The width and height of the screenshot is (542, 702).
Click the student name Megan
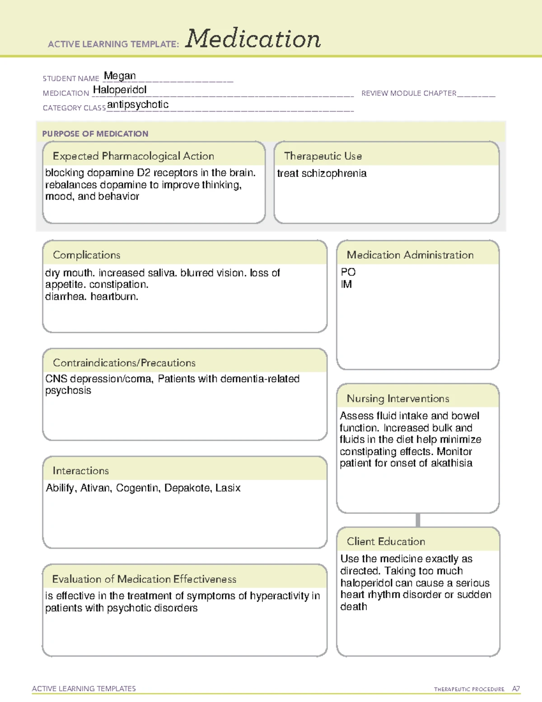click(120, 76)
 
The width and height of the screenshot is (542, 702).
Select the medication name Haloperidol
click(120, 90)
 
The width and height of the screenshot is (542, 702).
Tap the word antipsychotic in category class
click(138, 104)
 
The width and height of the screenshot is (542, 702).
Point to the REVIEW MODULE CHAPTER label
click(409, 93)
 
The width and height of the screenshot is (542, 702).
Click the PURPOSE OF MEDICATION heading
click(95, 134)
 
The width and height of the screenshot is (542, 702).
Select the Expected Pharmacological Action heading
click(133, 156)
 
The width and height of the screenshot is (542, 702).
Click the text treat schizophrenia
click(322, 174)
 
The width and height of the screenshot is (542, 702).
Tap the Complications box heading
click(87, 255)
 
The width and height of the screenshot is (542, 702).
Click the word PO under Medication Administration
click(348, 272)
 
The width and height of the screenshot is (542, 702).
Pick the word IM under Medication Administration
click(346, 284)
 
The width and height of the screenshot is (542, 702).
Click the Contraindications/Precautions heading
click(124, 363)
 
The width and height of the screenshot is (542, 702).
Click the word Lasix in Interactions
click(228, 488)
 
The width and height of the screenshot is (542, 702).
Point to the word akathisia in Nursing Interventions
click(451, 463)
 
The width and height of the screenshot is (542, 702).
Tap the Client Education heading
click(386, 542)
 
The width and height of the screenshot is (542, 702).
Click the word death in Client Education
click(354, 607)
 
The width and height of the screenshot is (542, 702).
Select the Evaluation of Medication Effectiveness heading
click(144, 579)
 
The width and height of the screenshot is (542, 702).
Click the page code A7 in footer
click(516, 689)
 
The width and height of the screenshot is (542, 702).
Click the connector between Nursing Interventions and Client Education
click(418, 520)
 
